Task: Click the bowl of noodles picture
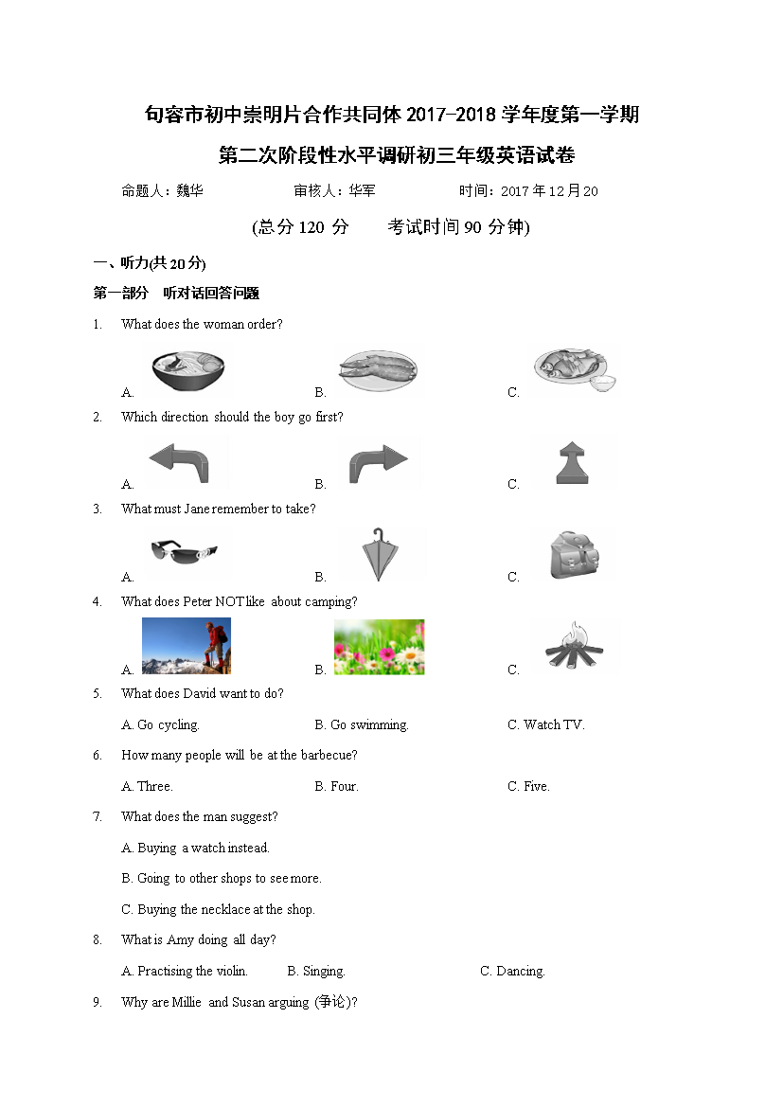point(188,370)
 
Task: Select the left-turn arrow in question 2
point(189,463)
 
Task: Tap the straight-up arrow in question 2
point(574,463)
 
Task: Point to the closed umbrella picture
point(378,555)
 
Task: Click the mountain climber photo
point(187,646)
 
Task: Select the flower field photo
point(379,647)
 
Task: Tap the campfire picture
point(575,647)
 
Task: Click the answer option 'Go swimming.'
point(361,725)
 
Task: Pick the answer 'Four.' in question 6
point(336,787)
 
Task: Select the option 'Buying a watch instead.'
point(195,849)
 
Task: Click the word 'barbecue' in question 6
point(329,756)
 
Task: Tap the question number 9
point(97,1003)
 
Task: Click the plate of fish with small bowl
point(574,370)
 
